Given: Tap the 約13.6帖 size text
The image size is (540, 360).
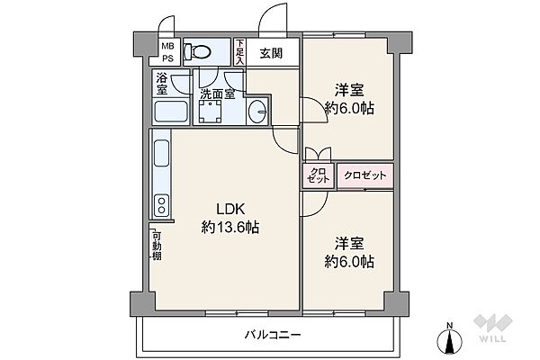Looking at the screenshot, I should [x=230, y=229].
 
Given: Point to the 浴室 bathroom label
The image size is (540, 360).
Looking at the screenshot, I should [x=161, y=85].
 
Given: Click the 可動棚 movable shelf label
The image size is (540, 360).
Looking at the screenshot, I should [x=157, y=244].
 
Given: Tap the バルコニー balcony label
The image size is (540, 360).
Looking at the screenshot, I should [x=272, y=335].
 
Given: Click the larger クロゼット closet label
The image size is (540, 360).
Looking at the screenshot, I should [x=364, y=175].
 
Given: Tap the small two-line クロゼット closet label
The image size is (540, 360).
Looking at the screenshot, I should [x=318, y=175].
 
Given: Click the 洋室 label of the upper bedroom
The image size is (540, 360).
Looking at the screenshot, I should [x=350, y=90].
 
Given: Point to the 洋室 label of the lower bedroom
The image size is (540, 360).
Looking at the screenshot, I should [x=350, y=243].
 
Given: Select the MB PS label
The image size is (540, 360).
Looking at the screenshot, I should [x=167, y=53].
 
